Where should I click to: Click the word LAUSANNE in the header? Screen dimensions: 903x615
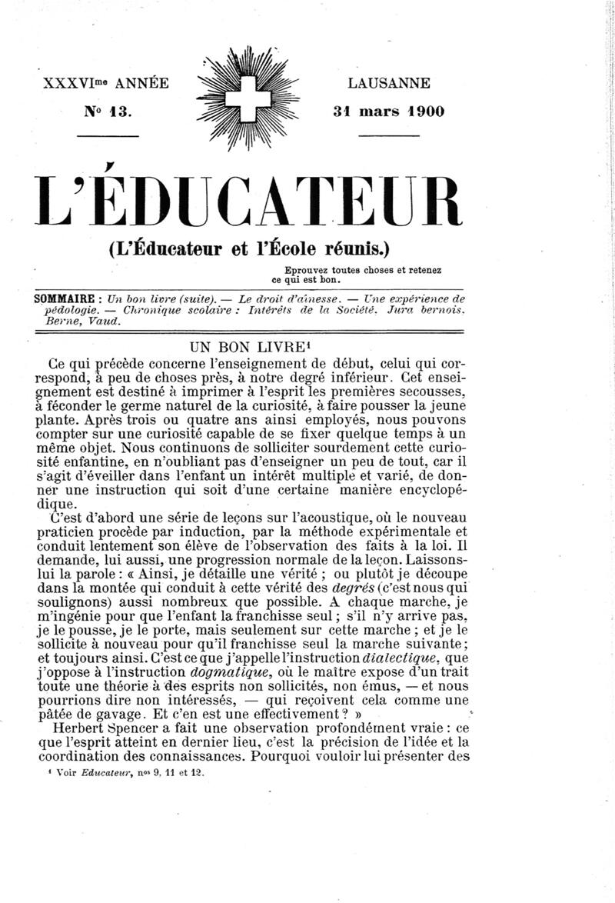point(389,83)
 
